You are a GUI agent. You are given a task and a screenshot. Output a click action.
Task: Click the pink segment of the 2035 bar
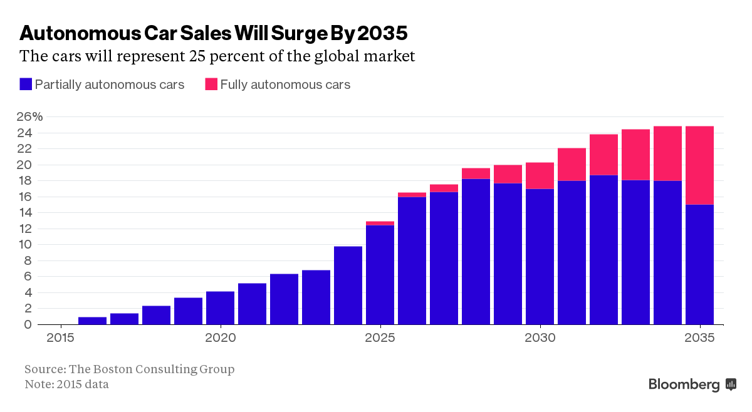point(699,165)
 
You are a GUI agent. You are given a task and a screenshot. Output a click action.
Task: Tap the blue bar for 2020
point(220,308)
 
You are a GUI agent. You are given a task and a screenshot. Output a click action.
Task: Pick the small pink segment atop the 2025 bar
point(380,223)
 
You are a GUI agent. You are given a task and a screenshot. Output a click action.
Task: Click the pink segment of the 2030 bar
point(540,175)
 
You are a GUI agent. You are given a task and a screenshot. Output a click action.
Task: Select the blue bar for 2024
point(348,286)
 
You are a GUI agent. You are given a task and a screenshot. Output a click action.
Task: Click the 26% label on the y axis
point(29,117)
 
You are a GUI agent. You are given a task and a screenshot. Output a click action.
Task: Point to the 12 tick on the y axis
point(24,229)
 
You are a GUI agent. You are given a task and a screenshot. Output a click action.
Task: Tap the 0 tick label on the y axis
point(28,324)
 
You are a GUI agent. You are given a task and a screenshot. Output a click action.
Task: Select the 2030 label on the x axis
point(540,338)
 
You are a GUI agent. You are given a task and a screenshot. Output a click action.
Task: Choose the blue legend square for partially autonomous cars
point(26,84)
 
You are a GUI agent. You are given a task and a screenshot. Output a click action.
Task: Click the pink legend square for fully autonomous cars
point(211,84)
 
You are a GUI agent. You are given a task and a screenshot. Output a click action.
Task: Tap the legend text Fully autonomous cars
point(285,85)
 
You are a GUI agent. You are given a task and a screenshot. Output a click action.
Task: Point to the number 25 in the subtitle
point(196,56)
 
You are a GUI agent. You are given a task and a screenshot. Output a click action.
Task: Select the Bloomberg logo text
point(684,384)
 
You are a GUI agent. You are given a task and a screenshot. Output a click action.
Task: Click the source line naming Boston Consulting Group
point(129,369)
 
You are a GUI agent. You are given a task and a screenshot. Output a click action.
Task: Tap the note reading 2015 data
point(66,384)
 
